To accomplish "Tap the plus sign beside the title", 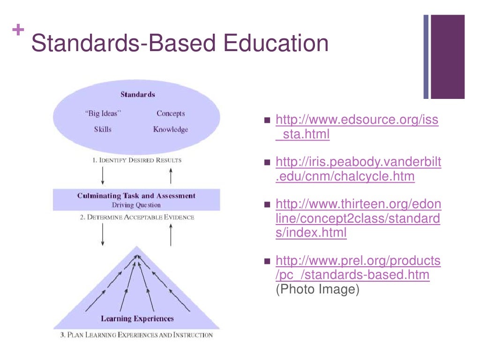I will (x=18, y=30).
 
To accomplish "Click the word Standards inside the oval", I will (x=137, y=95).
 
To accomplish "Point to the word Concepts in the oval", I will (x=171, y=113).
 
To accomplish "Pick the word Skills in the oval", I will (x=103, y=129).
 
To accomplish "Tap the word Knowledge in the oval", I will (x=170, y=129).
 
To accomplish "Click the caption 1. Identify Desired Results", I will (x=137, y=160).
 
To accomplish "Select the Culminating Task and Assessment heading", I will (x=136, y=196).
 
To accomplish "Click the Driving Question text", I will (x=136, y=205).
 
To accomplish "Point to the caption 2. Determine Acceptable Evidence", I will (x=136, y=217).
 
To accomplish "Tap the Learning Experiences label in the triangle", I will (x=137, y=319).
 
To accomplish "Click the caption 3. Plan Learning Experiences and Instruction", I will (x=136, y=335).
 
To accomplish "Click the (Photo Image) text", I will (x=317, y=290).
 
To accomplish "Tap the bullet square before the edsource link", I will (x=268, y=120).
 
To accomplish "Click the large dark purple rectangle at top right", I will (x=448, y=56).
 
